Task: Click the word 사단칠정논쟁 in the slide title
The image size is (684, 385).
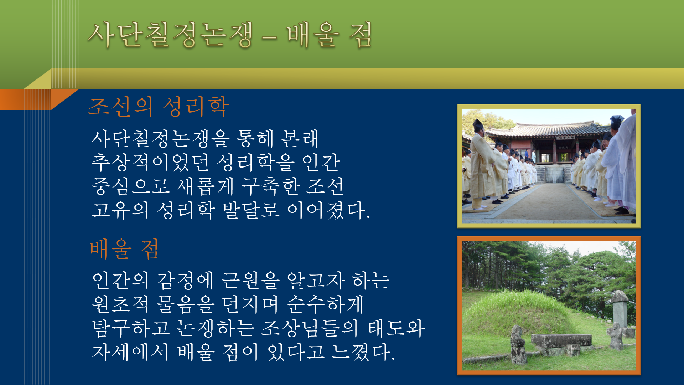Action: (170, 35)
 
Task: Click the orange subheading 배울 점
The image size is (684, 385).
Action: (124, 248)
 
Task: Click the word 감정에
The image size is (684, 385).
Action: (185, 281)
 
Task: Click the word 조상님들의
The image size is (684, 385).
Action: (309, 328)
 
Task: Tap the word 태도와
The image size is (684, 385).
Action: (396, 328)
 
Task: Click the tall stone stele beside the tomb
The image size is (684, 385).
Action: (620, 309)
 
